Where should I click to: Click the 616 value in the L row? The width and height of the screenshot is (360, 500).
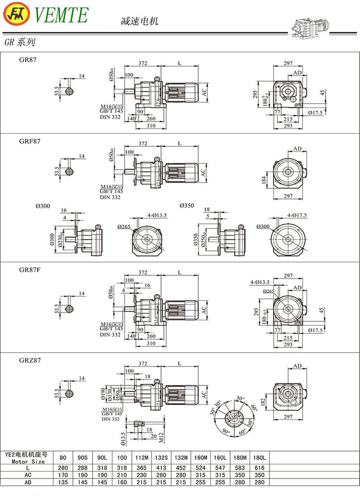coord(262,468)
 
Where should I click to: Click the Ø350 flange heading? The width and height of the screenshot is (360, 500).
coord(187,206)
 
